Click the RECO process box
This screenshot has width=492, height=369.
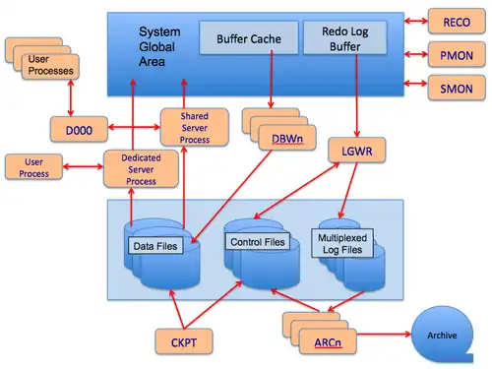coord(457,22)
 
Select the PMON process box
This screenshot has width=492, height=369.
coord(457,55)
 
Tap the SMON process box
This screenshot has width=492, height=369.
coord(457,88)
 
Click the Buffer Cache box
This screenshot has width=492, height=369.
coord(249,38)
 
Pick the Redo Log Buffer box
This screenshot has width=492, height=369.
coord(345,38)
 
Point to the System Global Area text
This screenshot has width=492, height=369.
coord(159,46)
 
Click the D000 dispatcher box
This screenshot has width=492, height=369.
coord(79,130)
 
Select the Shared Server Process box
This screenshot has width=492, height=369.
coord(194,127)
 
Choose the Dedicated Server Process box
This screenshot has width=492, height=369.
coord(141,169)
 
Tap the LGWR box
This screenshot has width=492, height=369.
coord(357,151)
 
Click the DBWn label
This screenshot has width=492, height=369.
coord(287,139)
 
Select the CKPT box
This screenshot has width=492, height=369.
coord(184,341)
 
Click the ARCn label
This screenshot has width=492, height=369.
coord(328,342)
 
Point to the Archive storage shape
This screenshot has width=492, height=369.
coord(442,335)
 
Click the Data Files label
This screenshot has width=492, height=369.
coord(155,246)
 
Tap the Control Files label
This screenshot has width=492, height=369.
coord(258,242)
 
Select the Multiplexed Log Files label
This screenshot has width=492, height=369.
coord(342,243)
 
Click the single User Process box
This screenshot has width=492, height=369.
coord(33,167)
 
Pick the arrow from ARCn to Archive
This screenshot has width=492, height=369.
coord(384,335)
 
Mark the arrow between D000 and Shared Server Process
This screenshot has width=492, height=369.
coord(134,127)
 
